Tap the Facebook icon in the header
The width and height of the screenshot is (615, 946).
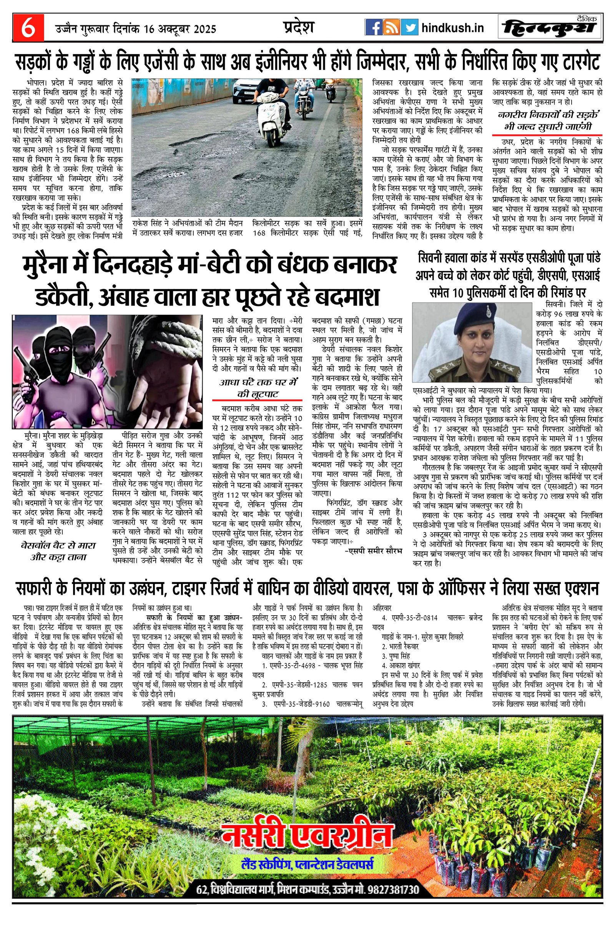[373, 28]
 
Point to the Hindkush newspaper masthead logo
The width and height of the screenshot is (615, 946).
[550, 28]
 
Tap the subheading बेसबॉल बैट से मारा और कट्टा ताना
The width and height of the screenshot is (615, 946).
[58, 551]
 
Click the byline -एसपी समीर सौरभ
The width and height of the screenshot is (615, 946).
[373, 551]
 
